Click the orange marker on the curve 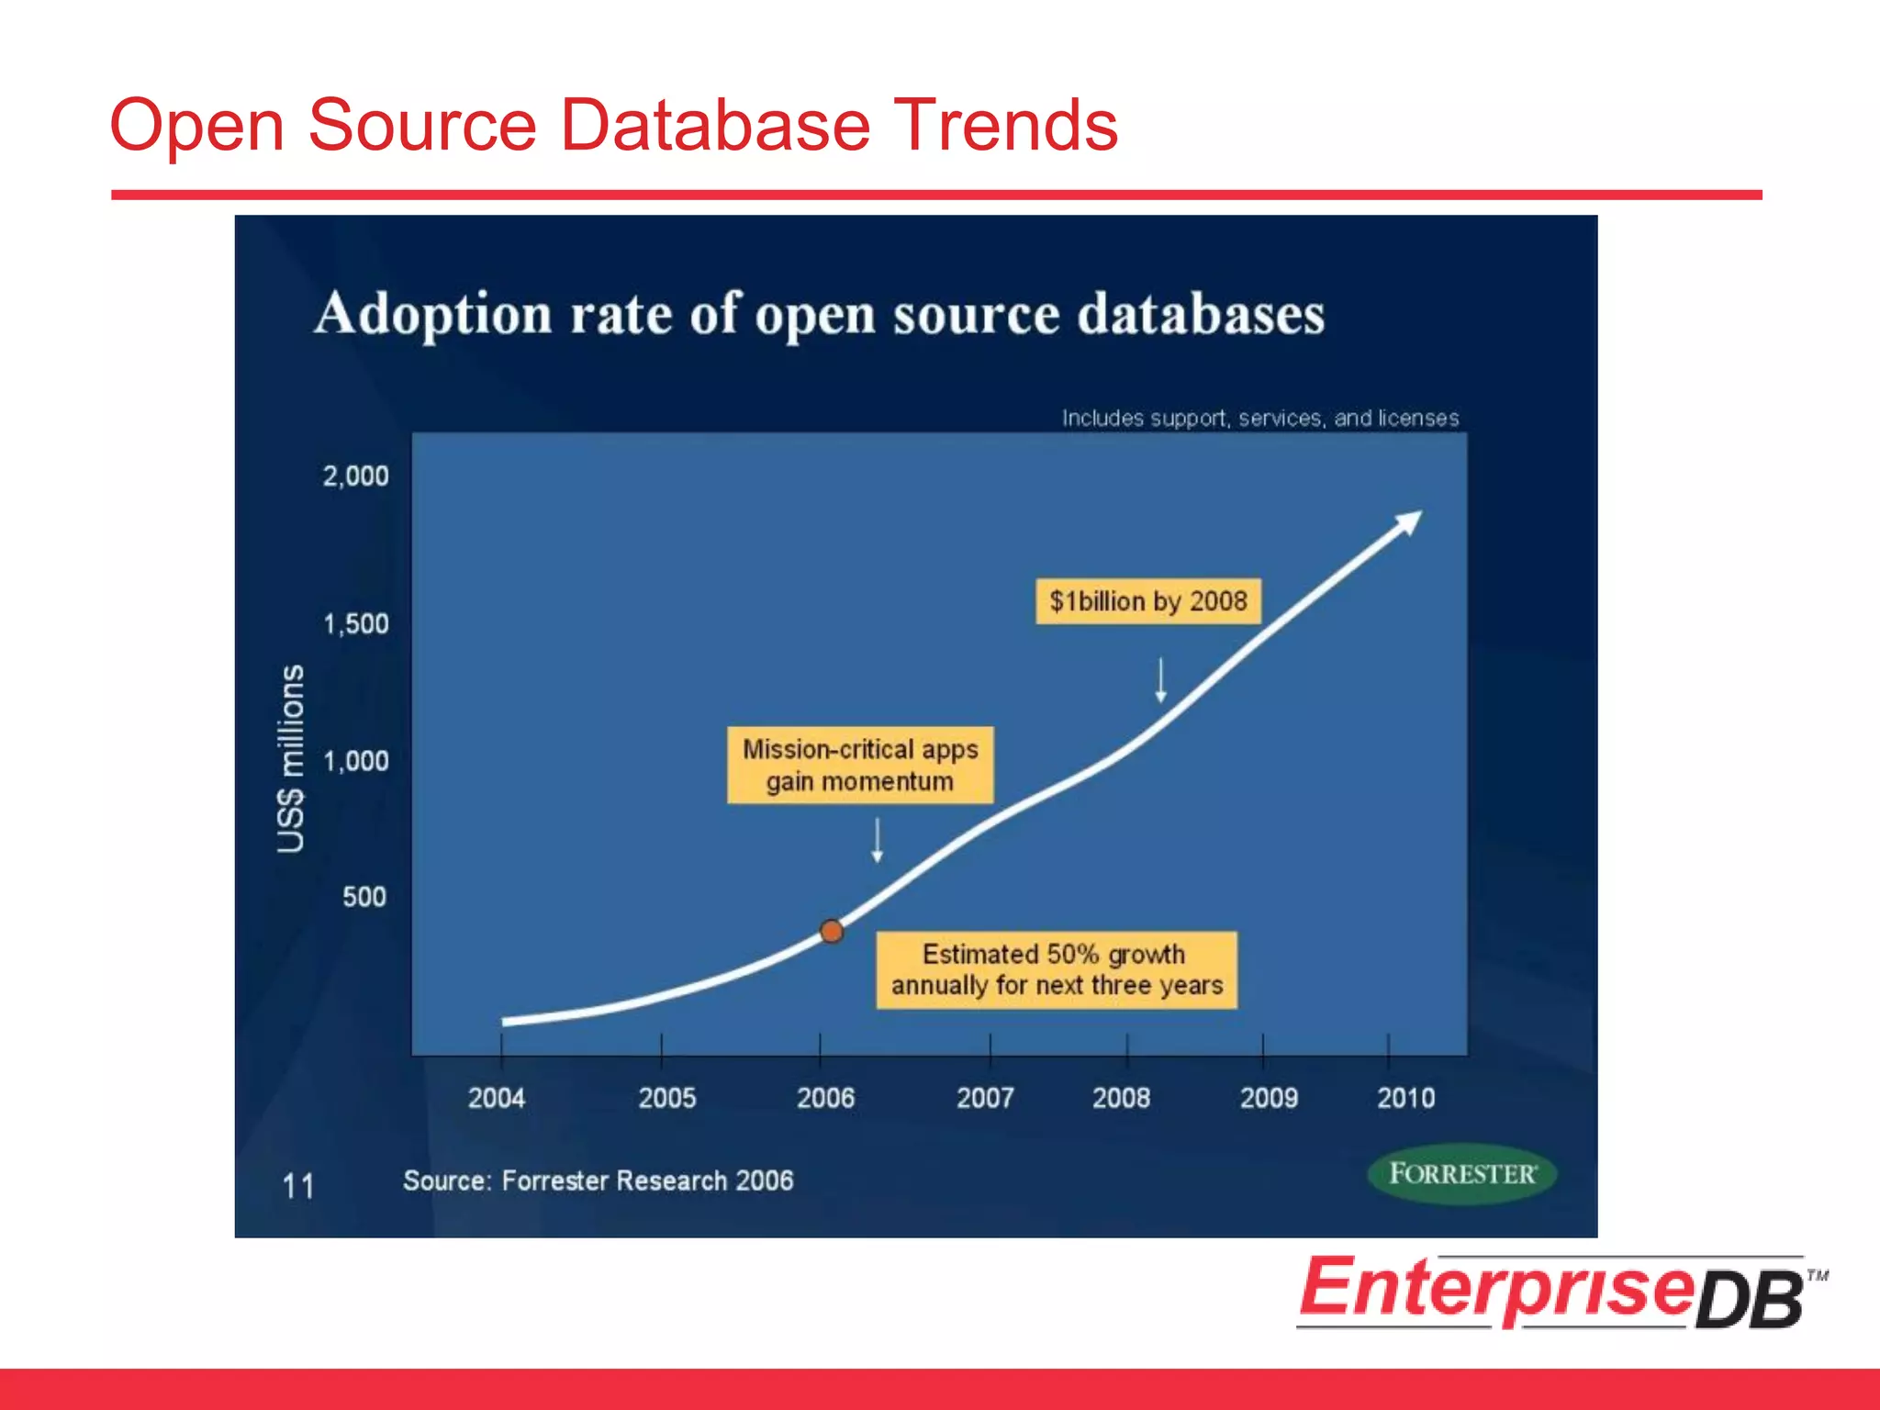click(x=832, y=932)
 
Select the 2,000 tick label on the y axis click(x=355, y=476)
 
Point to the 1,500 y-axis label click(x=355, y=624)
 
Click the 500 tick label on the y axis click(x=364, y=897)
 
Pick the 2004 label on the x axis click(x=497, y=1098)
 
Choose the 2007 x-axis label click(x=985, y=1098)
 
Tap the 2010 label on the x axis click(x=1405, y=1098)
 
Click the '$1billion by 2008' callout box click(x=1147, y=601)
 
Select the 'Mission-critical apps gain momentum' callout click(x=860, y=766)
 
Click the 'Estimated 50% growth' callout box click(x=1057, y=970)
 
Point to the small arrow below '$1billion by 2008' click(x=1160, y=680)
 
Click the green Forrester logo click(x=1461, y=1174)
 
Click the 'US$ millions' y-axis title click(x=291, y=759)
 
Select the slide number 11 click(x=297, y=1186)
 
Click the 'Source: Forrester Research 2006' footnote click(x=598, y=1181)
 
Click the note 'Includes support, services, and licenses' click(x=1260, y=419)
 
